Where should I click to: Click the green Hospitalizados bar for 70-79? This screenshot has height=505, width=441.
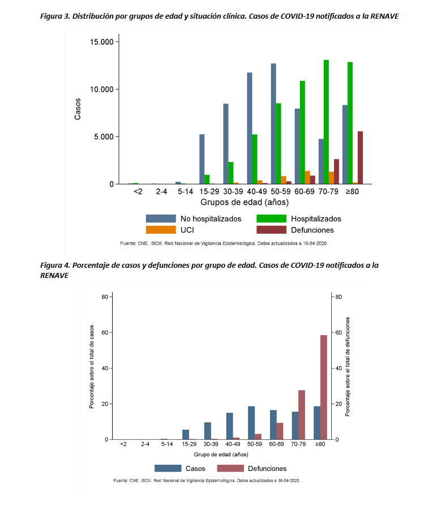click(326, 122)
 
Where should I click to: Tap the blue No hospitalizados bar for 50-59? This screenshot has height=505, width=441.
click(273, 123)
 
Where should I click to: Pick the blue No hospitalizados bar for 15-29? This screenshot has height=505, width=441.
click(202, 159)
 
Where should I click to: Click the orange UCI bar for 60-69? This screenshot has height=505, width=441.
click(307, 177)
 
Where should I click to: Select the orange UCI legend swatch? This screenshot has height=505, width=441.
click(160, 230)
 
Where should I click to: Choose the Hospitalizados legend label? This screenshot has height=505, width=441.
click(316, 219)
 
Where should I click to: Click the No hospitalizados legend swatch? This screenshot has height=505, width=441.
click(160, 219)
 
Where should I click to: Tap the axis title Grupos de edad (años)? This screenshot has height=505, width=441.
click(245, 203)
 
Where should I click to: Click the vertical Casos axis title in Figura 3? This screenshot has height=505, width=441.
click(78, 109)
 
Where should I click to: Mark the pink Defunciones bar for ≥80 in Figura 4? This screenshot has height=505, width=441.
click(324, 387)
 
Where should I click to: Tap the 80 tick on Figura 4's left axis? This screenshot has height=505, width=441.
click(105, 297)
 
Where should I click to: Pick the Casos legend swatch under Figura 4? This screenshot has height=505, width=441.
click(168, 468)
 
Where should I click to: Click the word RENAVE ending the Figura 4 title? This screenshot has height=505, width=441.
click(54, 275)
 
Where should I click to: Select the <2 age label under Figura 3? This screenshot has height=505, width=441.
click(138, 192)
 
